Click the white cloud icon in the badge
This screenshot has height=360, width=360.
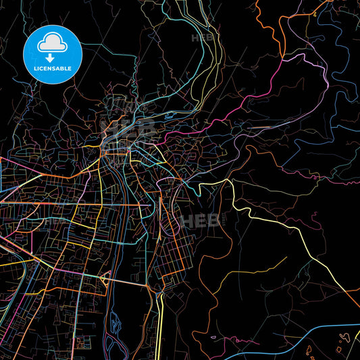52,44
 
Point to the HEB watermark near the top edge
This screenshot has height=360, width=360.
202,38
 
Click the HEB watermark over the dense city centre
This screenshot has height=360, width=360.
125,128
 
